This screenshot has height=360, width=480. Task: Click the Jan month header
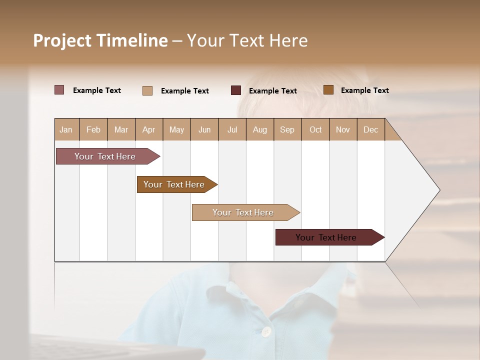66,129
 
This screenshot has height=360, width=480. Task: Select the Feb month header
93,129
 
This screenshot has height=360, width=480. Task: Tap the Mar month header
121,129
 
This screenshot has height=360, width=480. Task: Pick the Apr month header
149,129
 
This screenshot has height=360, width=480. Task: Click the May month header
176,129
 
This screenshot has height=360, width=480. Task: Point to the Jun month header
204,129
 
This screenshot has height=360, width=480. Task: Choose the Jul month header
232,129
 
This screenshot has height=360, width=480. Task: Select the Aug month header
260,129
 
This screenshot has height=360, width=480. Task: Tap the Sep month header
287,129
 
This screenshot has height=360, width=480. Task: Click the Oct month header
315,129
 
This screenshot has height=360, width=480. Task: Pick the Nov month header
343,129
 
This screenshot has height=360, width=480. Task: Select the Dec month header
371,129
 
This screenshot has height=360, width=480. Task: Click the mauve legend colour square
59,90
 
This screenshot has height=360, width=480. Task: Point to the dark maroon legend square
236,90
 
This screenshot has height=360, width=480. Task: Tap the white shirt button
266,331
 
